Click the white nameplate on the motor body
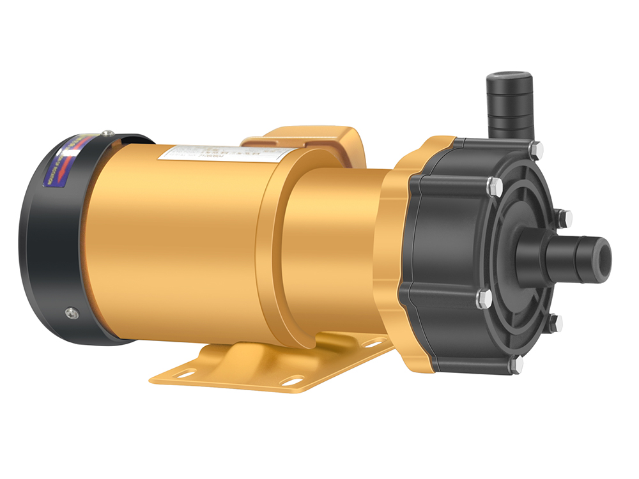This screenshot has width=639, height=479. point(227,153)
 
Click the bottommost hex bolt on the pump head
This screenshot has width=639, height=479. point(515,365)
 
